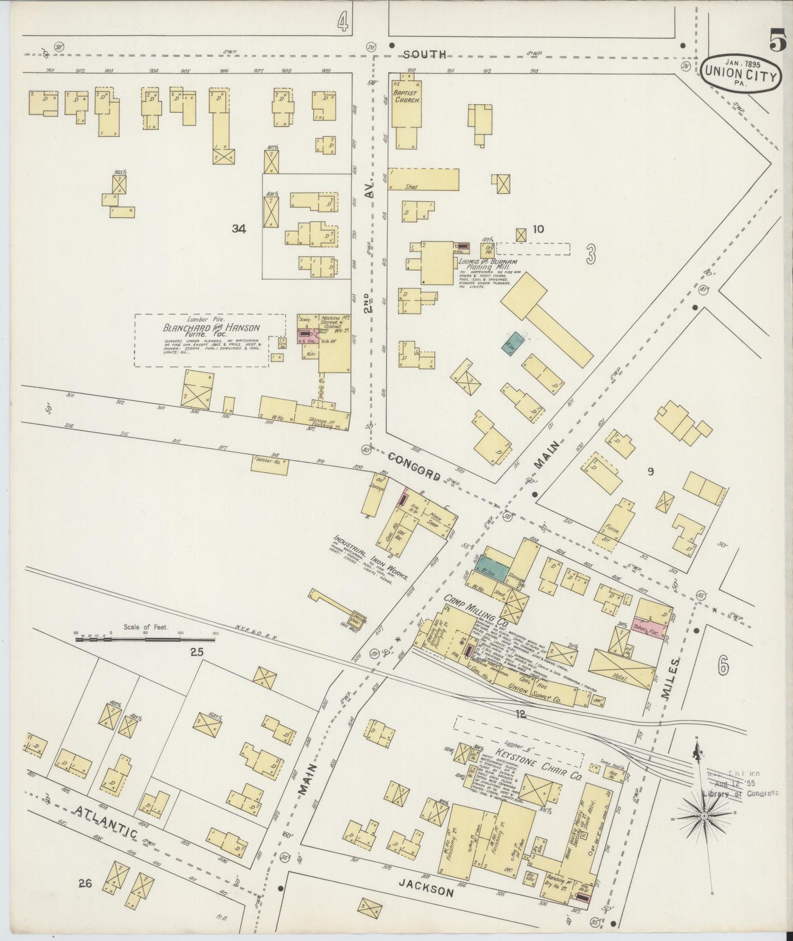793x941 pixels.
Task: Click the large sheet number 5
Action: (776, 41)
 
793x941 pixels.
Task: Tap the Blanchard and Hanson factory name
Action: (211, 328)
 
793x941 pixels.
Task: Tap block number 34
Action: (239, 229)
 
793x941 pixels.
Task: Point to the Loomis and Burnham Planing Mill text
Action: (486, 265)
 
